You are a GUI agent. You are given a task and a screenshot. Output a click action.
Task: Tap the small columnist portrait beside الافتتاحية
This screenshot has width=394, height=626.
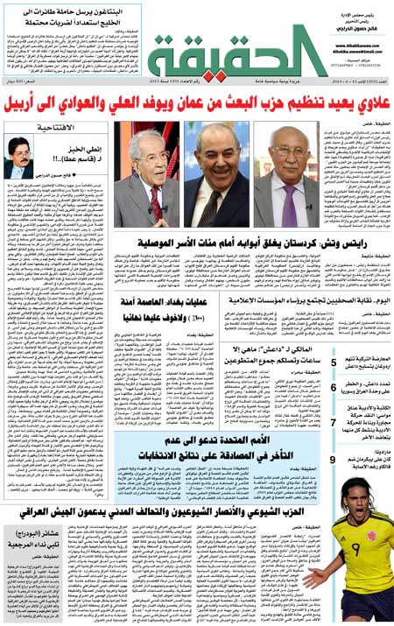[18, 158]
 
